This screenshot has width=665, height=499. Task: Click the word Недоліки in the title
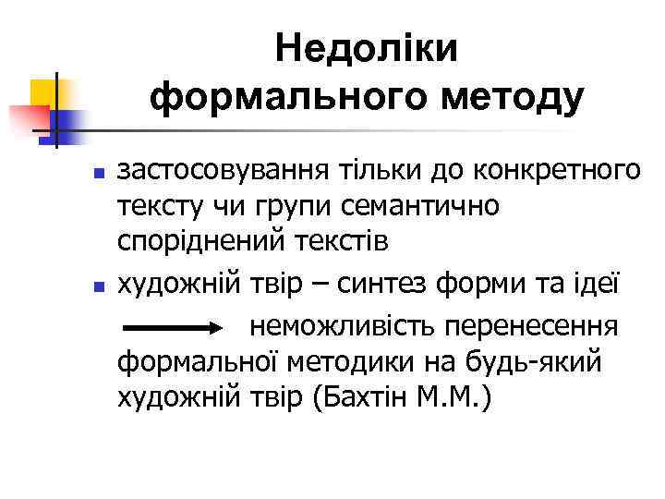pos(367,48)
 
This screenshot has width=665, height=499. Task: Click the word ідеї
pos(606,282)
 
